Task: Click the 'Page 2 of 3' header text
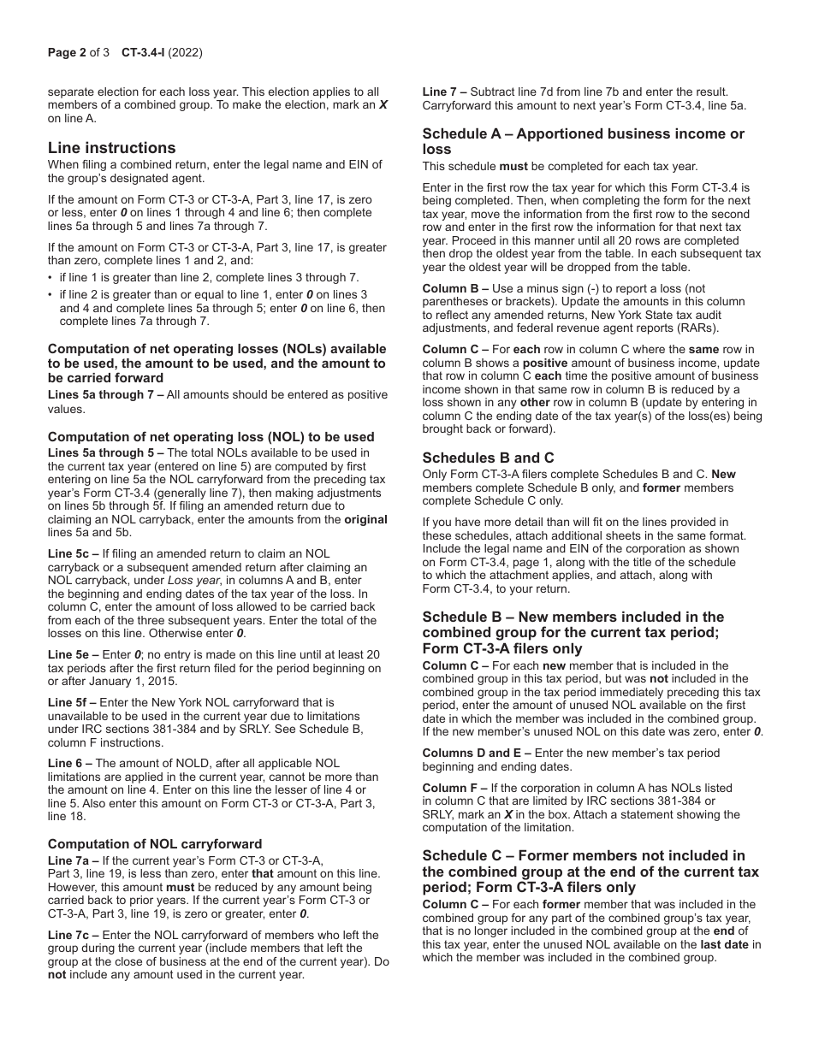tap(79, 53)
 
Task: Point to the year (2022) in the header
tap(186, 53)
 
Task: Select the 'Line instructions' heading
tap(111, 148)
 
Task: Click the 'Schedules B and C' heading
tap(488, 458)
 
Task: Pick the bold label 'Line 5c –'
tap(74, 554)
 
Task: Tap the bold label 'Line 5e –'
tap(74, 654)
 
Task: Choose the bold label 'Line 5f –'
tap(72, 702)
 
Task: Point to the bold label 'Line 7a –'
tap(74, 860)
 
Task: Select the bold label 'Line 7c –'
tap(74, 936)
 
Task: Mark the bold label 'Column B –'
tap(455, 289)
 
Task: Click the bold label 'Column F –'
tap(455, 788)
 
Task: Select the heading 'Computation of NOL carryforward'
tap(155, 844)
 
